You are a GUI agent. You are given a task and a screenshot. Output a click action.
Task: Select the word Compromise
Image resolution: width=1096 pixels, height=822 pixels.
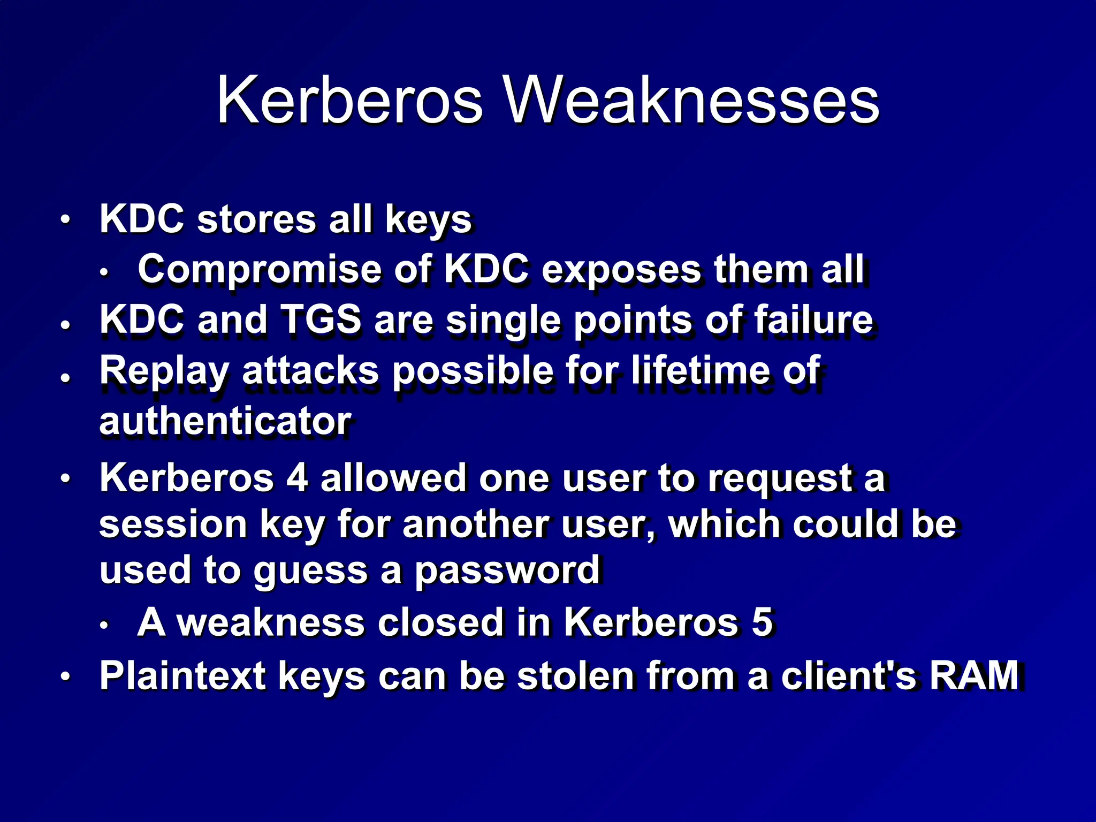260,269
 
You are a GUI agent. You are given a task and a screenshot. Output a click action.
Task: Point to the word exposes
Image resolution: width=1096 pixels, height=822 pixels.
621,269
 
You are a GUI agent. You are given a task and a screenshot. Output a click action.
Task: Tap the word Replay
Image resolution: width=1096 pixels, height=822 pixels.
164,370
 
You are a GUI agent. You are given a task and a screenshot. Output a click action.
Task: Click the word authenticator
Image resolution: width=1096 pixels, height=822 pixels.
225,421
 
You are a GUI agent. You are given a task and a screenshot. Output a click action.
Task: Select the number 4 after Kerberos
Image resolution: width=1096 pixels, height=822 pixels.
297,477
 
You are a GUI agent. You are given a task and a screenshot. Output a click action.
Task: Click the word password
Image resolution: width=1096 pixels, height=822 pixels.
507,570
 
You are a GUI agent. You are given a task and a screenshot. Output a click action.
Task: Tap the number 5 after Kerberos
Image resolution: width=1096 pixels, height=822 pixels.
762,622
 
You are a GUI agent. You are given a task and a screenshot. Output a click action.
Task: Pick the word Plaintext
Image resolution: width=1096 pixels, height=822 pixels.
182,675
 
